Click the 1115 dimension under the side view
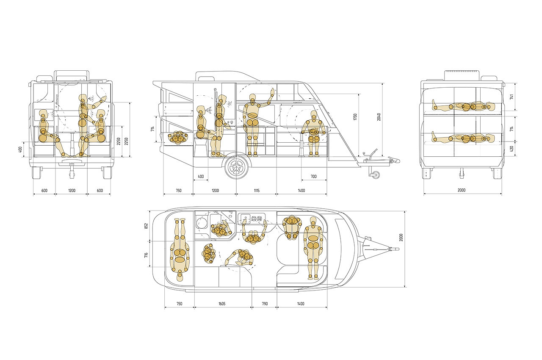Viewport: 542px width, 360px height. [x=257, y=191]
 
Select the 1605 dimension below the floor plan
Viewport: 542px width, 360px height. [x=222, y=304]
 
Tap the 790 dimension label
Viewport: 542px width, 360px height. [x=265, y=304]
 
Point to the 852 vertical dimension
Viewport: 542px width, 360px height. [x=146, y=226]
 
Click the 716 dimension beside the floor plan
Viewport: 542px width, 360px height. [x=146, y=255]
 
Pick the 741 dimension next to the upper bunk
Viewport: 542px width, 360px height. [x=512, y=97]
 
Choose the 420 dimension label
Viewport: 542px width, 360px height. [x=512, y=148]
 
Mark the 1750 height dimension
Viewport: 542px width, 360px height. [x=355, y=117]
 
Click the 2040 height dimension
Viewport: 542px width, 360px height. [x=379, y=117]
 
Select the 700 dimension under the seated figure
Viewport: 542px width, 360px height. [x=313, y=176]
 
